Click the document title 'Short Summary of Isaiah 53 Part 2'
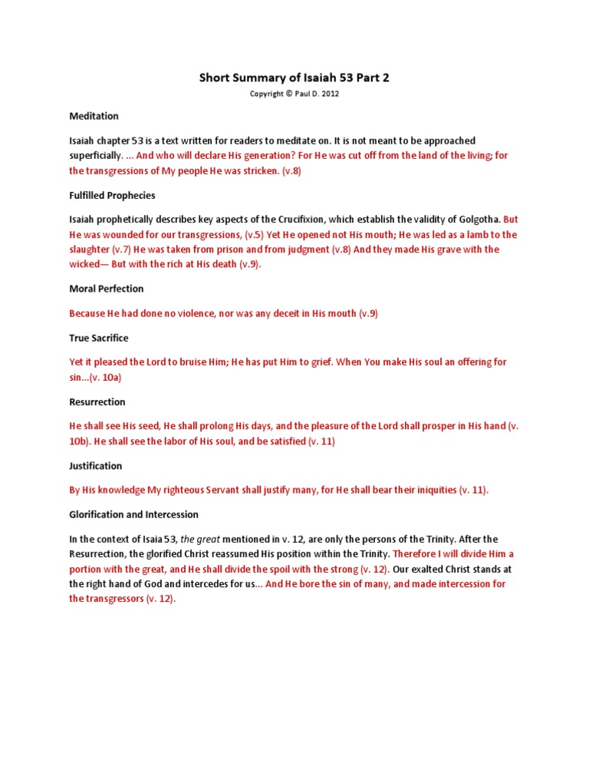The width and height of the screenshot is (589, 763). pos(294,78)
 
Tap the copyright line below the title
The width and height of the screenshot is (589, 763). pos(294,94)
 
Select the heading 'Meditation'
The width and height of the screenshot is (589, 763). pos(94,116)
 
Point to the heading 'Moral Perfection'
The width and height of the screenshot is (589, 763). pos(106,289)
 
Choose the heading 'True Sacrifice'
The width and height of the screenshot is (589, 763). pos(98,338)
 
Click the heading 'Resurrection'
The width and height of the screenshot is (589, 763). pos(97,401)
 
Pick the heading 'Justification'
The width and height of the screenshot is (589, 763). pos(95,465)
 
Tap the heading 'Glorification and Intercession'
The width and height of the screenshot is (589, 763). pos(133,514)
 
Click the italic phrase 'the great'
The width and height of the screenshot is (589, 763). pos(199,539)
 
